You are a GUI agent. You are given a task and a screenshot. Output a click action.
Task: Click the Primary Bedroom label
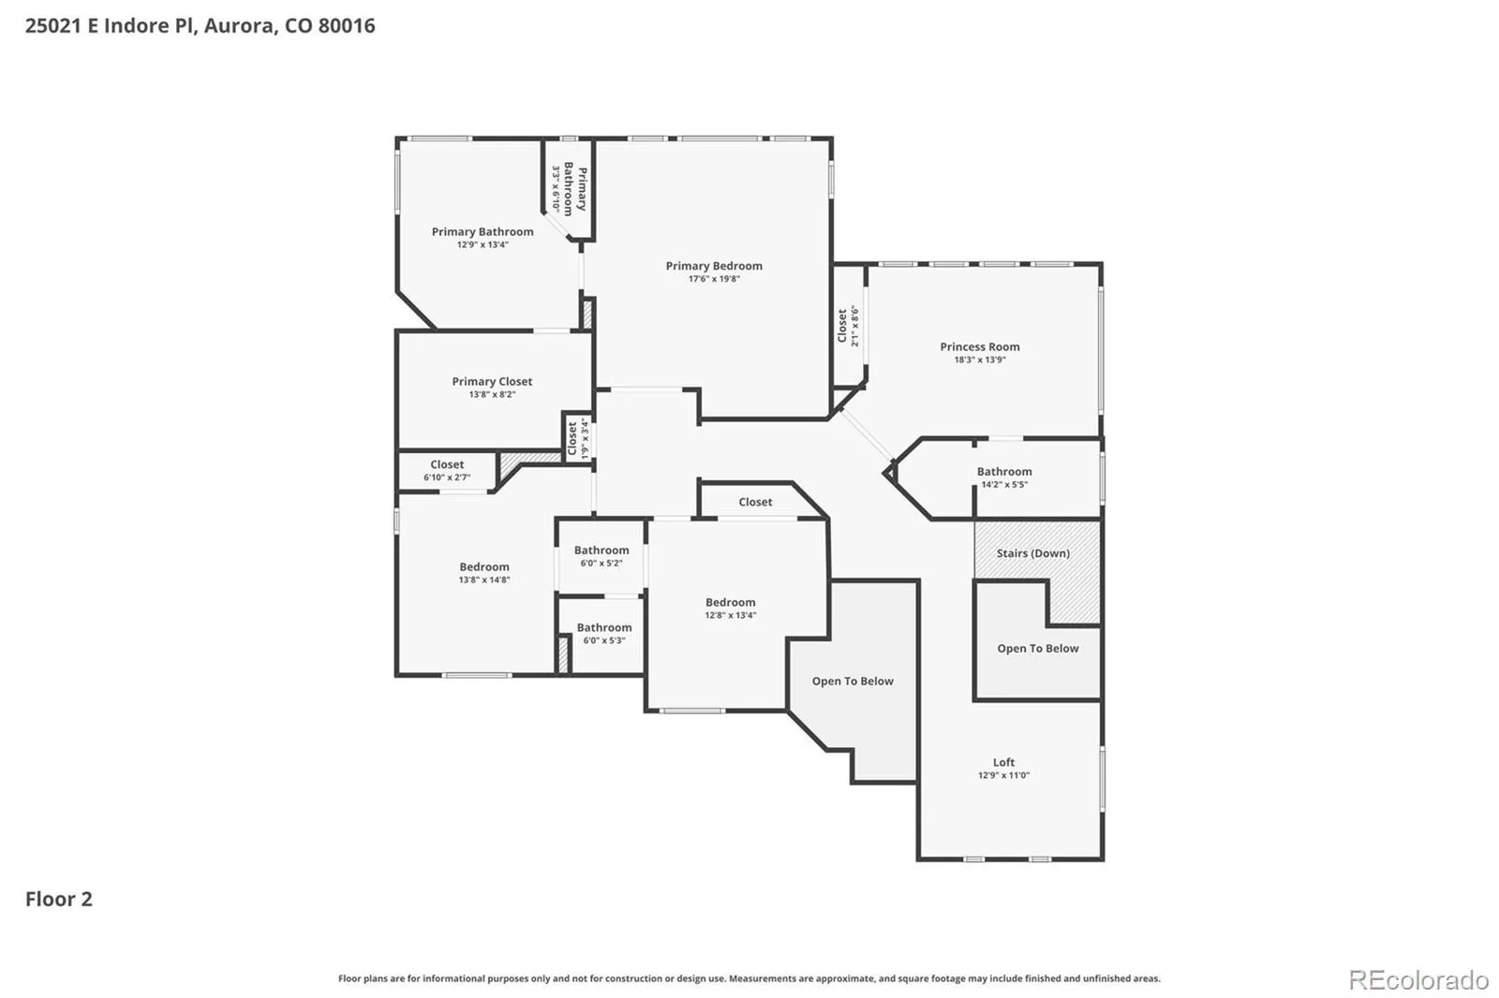pyautogui.click(x=714, y=266)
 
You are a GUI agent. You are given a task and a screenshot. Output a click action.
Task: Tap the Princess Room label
pyautogui.click(x=980, y=346)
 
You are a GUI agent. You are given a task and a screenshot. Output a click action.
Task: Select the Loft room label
pyautogui.click(x=1003, y=762)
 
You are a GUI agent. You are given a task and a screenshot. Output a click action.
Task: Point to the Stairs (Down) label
pyautogui.click(x=1032, y=553)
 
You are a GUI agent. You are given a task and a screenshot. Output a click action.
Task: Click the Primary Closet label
pyautogui.click(x=492, y=381)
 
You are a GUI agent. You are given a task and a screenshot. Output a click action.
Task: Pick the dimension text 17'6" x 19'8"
pyautogui.click(x=714, y=279)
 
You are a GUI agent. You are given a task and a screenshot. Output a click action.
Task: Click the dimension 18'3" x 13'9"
pyautogui.click(x=980, y=360)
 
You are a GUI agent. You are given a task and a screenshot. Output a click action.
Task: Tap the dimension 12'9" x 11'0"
pyautogui.click(x=1003, y=775)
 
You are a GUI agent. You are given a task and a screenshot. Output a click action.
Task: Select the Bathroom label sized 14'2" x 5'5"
pyautogui.click(x=1003, y=472)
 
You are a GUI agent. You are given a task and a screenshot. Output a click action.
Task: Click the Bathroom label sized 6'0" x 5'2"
pyautogui.click(x=601, y=550)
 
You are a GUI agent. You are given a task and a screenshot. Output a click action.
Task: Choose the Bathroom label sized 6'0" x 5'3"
pyautogui.click(x=603, y=627)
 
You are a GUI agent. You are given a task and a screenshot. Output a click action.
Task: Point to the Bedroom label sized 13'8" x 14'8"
pyautogui.click(x=483, y=566)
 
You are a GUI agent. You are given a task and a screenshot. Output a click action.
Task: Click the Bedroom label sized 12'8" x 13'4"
pyautogui.click(x=730, y=602)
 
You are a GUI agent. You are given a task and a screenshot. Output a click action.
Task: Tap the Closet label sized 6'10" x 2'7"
pyautogui.click(x=447, y=464)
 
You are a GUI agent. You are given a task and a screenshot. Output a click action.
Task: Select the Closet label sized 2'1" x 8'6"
pyautogui.click(x=842, y=325)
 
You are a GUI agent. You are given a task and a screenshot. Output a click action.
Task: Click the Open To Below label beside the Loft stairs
pyautogui.click(x=1038, y=648)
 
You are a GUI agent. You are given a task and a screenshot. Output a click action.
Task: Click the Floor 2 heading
pyautogui.click(x=59, y=899)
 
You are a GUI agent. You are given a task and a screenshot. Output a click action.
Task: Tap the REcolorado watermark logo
pyautogui.click(x=1418, y=980)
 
